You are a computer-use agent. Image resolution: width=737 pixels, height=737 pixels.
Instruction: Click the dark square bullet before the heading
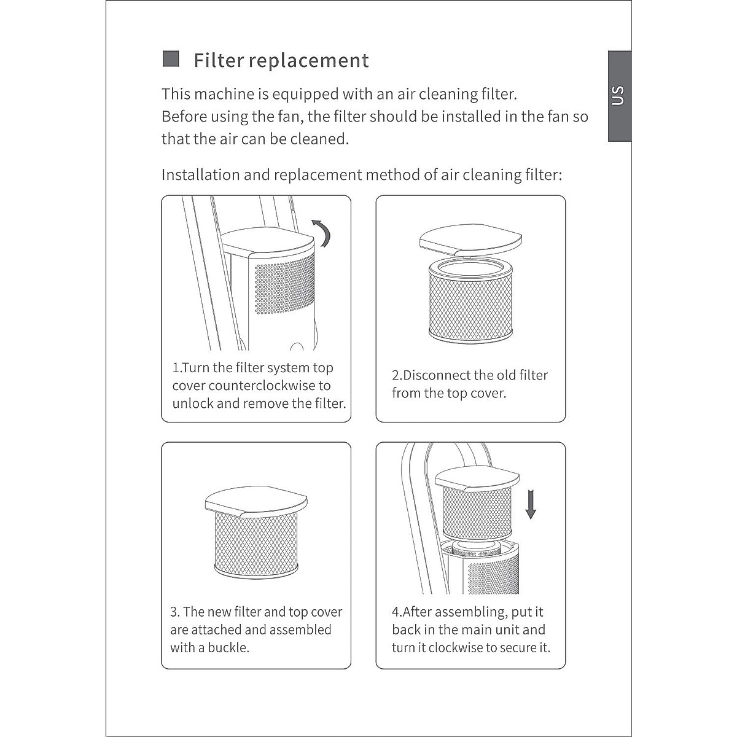[x=171, y=59]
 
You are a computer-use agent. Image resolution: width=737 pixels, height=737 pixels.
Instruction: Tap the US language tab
[x=618, y=96]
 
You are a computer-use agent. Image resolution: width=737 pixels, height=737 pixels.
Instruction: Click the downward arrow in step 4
[x=531, y=504]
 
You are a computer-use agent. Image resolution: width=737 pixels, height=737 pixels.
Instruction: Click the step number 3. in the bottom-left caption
[x=175, y=612]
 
